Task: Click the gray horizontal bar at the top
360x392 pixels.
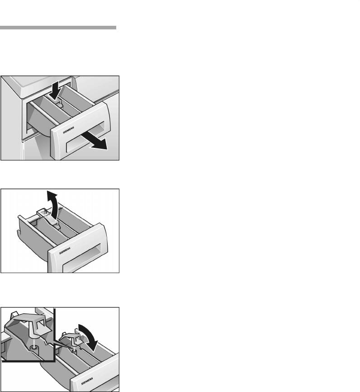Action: tap(58, 28)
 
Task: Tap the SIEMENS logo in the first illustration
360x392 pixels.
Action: tap(68, 130)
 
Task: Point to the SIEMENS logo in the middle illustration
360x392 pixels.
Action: tap(65, 251)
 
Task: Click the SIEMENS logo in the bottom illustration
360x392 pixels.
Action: tap(87, 381)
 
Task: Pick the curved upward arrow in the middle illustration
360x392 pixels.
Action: tap(53, 205)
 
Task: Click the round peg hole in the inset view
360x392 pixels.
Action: tap(33, 347)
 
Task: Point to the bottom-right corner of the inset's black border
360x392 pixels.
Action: tap(54, 361)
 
